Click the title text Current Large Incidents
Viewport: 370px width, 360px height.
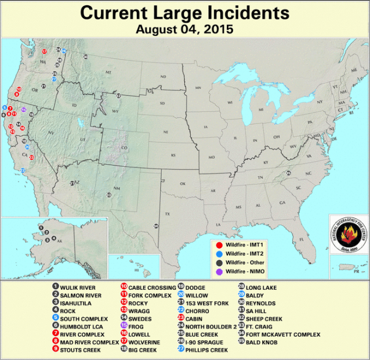coord(184,12)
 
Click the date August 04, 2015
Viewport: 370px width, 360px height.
coord(184,28)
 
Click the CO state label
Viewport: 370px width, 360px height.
coord(124,148)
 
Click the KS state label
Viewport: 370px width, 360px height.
coord(173,157)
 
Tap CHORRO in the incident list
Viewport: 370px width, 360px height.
coord(198,311)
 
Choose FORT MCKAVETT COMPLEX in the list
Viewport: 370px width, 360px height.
coord(282,334)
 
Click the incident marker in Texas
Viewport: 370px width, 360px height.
coord(156,226)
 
